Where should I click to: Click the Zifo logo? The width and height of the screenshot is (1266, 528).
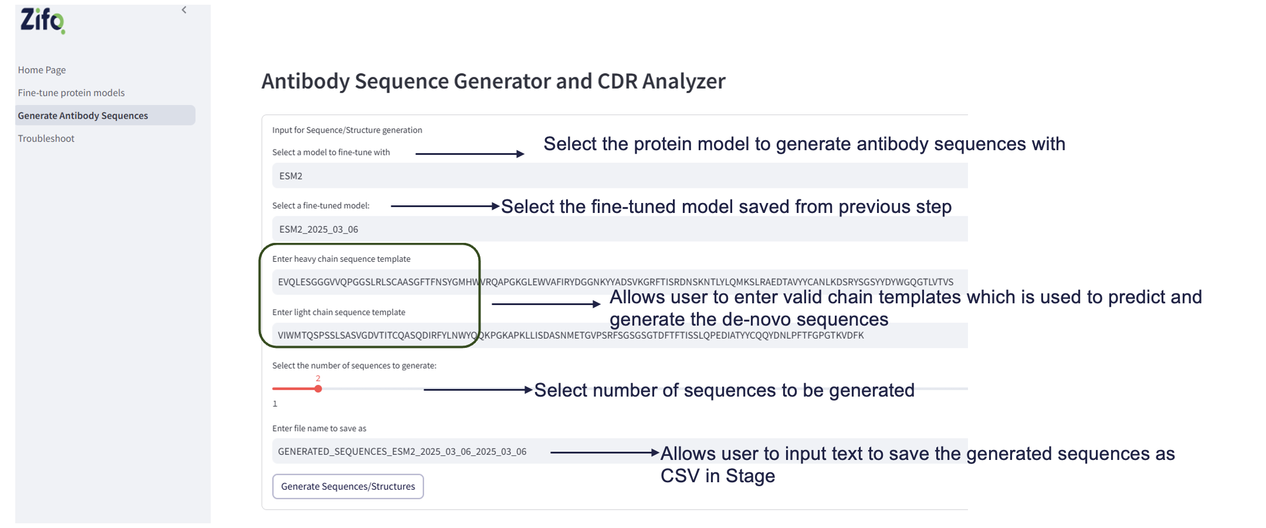coord(42,21)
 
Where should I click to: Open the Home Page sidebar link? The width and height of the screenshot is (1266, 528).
coord(42,70)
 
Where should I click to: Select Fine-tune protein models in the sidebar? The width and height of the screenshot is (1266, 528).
coord(71,93)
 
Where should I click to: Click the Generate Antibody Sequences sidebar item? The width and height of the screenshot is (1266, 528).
coord(83,116)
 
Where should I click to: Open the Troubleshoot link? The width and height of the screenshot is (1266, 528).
coord(46,138)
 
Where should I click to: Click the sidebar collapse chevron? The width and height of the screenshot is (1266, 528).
coord(184,10)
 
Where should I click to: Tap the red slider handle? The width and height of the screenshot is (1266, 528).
coord(318,389)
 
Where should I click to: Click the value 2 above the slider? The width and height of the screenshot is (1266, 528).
coord(318,378)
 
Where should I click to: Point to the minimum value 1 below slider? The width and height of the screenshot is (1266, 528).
coord(275,404)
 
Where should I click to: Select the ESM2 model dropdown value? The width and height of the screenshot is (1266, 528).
coord(291,176)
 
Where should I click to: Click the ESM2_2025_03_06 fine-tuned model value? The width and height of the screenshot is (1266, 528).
coord(319,229)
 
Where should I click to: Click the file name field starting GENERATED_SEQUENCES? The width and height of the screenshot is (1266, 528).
coord(402,452)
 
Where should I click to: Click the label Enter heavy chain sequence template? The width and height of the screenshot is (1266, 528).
coord(341,259)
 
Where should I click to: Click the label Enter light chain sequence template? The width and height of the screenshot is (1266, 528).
coord(338,312)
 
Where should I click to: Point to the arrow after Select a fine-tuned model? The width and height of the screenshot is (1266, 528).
coord(445,206)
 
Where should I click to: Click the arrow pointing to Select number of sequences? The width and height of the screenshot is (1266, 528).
coord(478,390)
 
